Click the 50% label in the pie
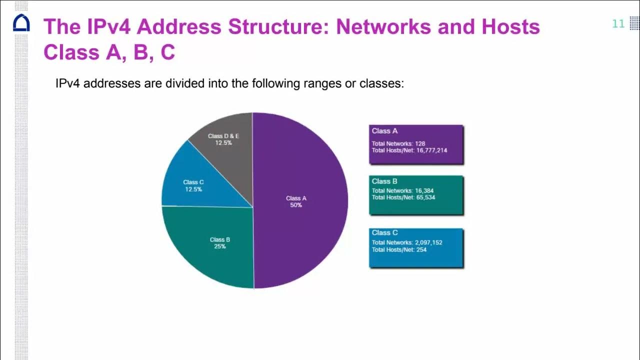click(x=296, y=205)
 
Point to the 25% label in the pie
click(x=220, y=246)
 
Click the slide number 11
click(x=618, y=24)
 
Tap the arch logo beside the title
click(x=21, y=23)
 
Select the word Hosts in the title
click(x=510, y=26)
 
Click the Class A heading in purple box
click(x=384, y=131)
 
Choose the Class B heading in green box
click(x=384, y=181)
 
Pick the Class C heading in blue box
click(x=384, y=232)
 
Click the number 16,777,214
click(x=431, y=150)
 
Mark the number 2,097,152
click(x=428, y=242)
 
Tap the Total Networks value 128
click(x=420, y=143)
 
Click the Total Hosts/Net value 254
click(x=421, y=249)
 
